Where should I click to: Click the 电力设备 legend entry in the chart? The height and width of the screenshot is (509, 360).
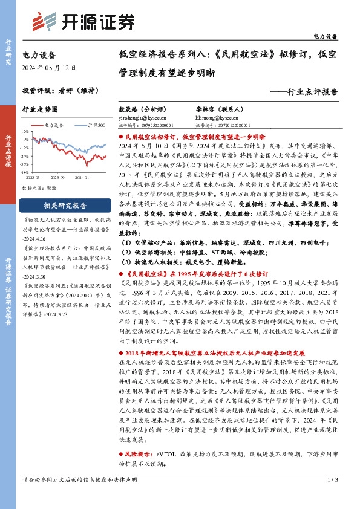52,125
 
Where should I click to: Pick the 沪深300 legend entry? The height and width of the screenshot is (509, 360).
91,125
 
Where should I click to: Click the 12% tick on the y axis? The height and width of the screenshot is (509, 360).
26,130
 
